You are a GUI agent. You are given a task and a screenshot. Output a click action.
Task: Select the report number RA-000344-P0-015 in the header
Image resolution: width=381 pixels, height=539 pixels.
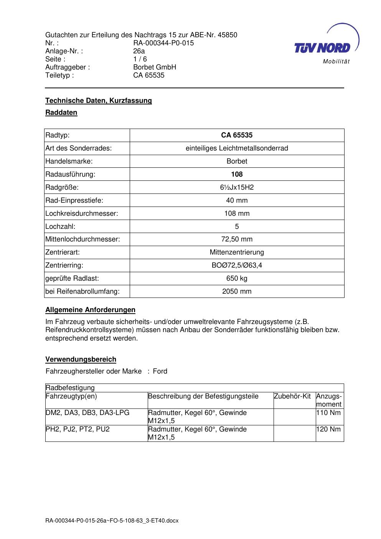[163, 43]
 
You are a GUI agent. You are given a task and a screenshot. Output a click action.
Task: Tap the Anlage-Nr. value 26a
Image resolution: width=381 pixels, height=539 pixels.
[139, 51]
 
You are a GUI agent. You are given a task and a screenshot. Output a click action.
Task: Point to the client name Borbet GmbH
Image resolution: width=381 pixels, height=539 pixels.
[155, 67]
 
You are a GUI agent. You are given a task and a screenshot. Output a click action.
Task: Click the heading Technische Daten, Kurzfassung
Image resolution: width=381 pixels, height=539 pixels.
[99, 101]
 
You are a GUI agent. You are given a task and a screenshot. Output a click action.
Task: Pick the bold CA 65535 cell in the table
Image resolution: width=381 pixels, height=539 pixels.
[237, 135]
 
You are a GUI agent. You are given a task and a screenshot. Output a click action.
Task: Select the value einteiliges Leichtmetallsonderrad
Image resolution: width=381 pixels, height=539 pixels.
[237, 148]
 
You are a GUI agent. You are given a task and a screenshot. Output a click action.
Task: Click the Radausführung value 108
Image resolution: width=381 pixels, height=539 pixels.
[237, 174]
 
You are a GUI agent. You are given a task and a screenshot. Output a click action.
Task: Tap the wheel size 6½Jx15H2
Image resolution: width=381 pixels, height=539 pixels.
[237, 187]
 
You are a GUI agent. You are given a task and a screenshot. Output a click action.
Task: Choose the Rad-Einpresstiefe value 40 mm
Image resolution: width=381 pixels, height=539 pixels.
[237, 200]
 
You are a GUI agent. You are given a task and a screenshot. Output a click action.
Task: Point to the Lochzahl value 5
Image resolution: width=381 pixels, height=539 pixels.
[237, 227]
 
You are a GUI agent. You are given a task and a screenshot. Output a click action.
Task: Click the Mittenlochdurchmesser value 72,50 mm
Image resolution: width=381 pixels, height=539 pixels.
[237, 240]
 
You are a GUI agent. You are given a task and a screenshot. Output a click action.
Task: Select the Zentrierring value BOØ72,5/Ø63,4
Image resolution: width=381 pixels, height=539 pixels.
[237, 265]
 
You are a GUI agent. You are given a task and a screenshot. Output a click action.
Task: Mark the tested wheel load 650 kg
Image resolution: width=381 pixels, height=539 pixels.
[237, 278]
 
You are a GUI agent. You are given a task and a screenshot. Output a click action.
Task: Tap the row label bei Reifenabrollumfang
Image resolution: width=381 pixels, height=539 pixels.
[82, 291]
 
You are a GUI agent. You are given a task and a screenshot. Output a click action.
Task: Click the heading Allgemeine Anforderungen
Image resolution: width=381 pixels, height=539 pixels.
[91, 310]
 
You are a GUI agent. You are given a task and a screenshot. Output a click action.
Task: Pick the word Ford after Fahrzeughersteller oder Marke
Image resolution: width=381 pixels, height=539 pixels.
[160, 371]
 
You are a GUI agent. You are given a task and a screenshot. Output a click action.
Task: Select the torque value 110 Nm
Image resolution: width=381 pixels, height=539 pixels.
[328, 413]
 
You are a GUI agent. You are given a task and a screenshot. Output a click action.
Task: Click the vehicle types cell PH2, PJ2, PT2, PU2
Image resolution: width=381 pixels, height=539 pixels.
[78, 429]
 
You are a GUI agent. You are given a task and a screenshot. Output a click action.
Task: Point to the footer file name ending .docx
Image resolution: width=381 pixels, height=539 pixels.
[112, 521]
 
